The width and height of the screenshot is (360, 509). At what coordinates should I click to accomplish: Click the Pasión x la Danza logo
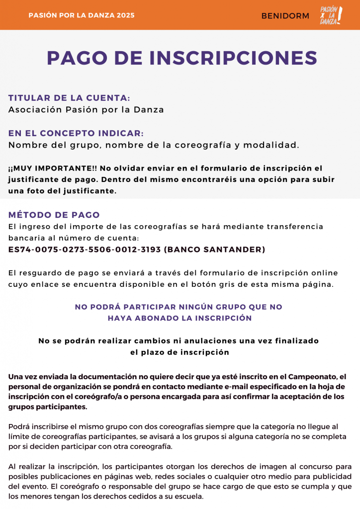[x=331, y=15]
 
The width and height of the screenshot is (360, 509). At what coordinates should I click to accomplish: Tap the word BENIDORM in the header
[x=285, y=16]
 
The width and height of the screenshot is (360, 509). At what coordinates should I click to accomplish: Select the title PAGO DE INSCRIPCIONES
[x=182, y=58]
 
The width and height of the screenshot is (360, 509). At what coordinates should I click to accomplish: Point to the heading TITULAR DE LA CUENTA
[x=69, y=98]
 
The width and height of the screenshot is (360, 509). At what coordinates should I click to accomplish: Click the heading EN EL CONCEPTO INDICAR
[x=76, y=133]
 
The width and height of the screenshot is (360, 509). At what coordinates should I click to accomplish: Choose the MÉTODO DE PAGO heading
[x=54, y=215]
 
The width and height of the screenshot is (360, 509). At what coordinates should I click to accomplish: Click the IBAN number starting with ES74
[x=84, y=250]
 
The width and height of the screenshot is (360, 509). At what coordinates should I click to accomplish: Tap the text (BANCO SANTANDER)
[x=214, y=250]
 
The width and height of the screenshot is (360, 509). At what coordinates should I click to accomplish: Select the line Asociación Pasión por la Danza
[x=86, y=109]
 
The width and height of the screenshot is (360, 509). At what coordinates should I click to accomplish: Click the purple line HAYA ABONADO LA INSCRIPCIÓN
[x=180, y=318]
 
